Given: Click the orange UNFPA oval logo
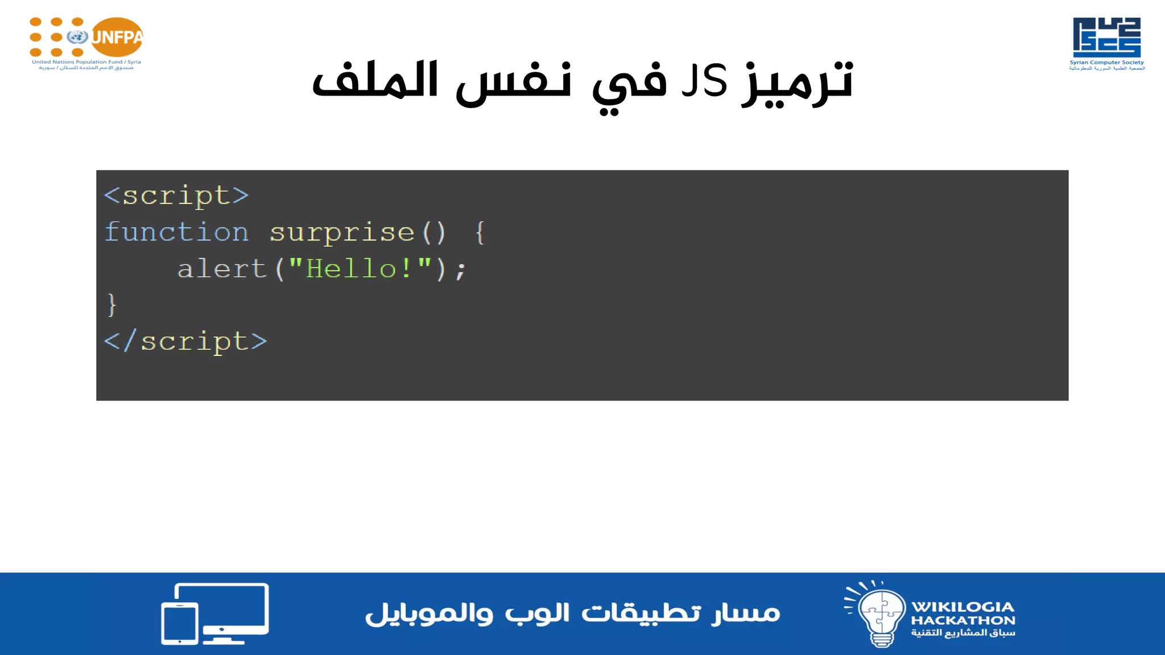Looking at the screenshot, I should [117, 37].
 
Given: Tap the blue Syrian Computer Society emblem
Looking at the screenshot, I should [1106, 37].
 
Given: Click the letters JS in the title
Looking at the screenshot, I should [705, 81].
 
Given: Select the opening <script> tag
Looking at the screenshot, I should [176, 196].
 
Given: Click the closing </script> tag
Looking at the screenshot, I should [185, 341].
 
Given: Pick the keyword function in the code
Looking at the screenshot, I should [176, 232].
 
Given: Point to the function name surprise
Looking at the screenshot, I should [342, 232].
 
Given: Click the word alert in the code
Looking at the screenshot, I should [222, 268].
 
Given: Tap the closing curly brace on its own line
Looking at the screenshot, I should [111, 305].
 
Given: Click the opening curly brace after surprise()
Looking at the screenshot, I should [480, 232].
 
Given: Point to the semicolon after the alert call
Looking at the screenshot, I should [461, 270].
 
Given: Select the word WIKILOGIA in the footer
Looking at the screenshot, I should [962, 607].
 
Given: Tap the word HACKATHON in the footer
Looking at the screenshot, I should [962, 620].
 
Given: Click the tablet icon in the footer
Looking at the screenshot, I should [180, 623].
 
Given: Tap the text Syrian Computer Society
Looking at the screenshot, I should [1106, 63].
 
